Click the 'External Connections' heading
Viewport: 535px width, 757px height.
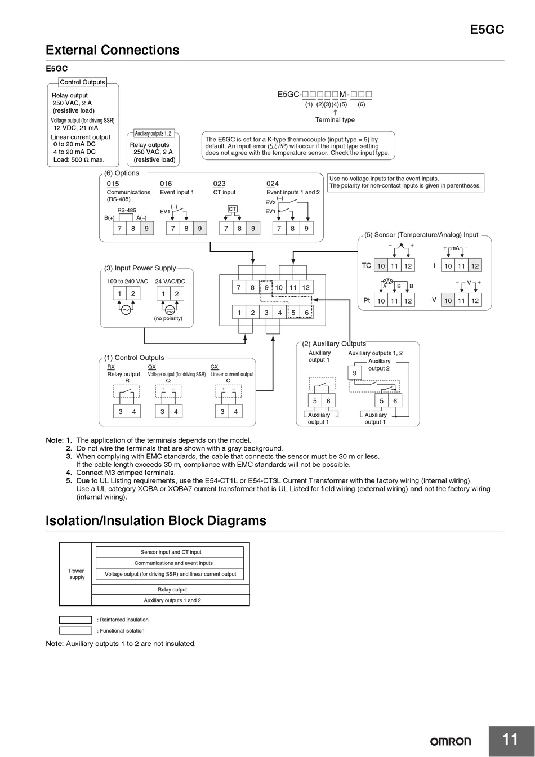coord(113,50)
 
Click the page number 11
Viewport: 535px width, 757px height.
coord(510,740)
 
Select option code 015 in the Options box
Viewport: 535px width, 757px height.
coord(113,184)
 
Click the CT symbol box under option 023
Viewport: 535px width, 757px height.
coord(233,209)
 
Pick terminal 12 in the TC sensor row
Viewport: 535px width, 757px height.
coord(408,266)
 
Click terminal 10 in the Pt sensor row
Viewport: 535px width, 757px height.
coord(381,301)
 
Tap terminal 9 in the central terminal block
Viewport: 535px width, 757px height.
coord(266,287)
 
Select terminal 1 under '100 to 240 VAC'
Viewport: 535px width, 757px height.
coord(119,293)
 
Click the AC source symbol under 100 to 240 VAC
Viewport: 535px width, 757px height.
coord(126,310)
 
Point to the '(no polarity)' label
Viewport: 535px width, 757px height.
coord(168,318)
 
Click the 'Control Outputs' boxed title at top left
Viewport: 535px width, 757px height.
coord(82,82)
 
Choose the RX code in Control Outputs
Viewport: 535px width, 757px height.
coord(111,367)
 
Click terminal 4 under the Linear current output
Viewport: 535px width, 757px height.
coord(235,412)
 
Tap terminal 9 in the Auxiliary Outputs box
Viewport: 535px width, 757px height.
coord(355,373)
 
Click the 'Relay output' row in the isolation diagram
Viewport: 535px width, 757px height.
coord(172,590)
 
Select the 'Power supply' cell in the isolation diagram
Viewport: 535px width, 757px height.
coord(77,574)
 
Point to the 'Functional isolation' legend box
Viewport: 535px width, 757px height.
coord(75,631)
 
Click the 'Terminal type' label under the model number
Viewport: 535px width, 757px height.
coord(335,119)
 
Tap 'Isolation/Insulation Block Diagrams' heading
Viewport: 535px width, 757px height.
coord(156,520)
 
